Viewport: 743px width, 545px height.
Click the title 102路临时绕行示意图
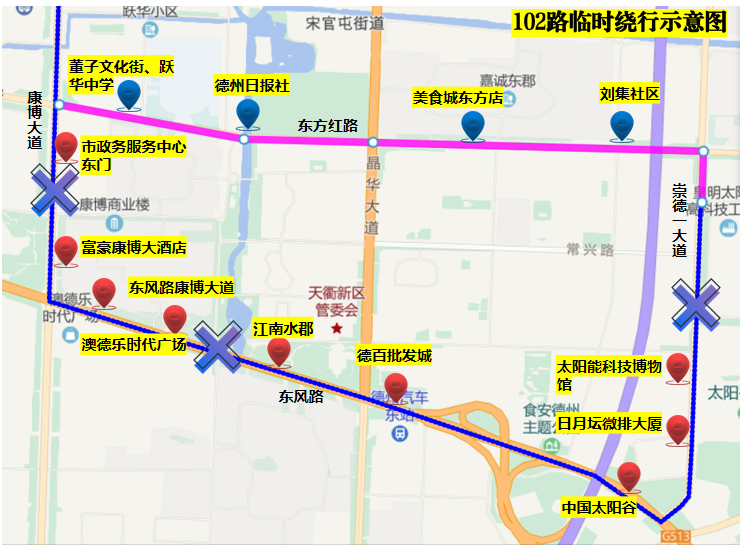coord(618,23)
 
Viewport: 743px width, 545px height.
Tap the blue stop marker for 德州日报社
coord(248,114)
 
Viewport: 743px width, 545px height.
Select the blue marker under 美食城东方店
coord(472,125)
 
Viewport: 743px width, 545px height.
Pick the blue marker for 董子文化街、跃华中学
coord(129,94)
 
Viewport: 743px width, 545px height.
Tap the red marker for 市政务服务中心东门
coord(66,147)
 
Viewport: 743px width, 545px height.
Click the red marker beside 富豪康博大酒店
coord(66,249)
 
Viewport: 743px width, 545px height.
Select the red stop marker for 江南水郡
coord(279,351)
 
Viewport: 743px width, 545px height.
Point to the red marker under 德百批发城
coord(396,387)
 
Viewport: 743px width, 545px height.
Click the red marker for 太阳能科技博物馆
coord(678,367)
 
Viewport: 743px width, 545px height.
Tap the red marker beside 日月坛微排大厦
coord(678,428)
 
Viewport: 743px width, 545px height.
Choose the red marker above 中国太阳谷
coord(629,476)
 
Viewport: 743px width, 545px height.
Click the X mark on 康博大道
coord(55,189)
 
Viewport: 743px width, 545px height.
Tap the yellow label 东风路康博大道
coord(181,287)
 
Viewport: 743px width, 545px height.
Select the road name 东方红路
coord(327,126)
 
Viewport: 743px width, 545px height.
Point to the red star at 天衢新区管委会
coord(337,328)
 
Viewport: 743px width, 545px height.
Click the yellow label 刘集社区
coord(630,94)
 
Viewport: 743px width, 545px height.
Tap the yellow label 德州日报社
coord(252,86)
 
